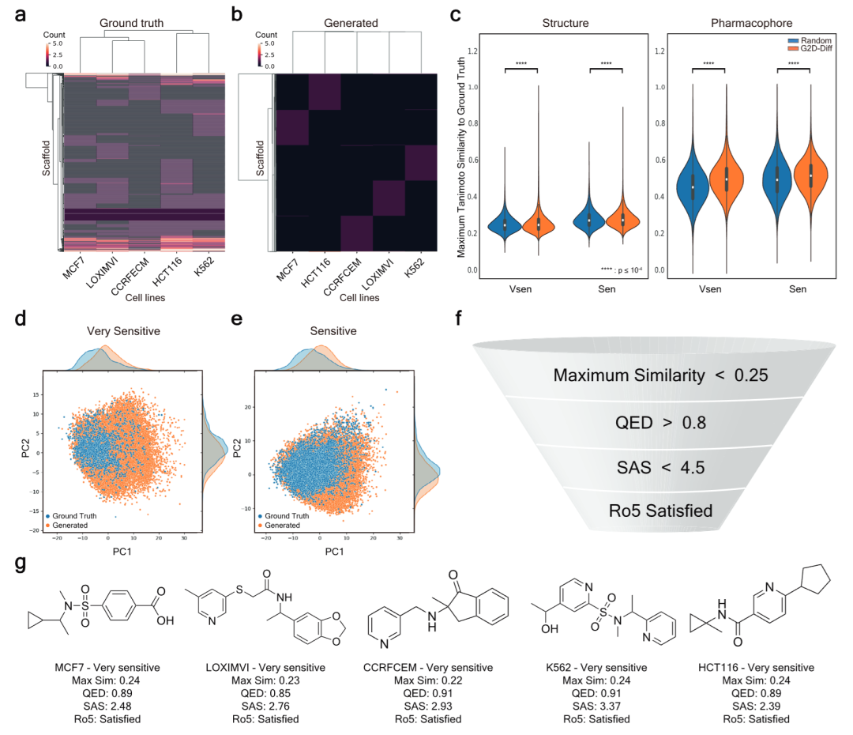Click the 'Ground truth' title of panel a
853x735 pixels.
(131, 23)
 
